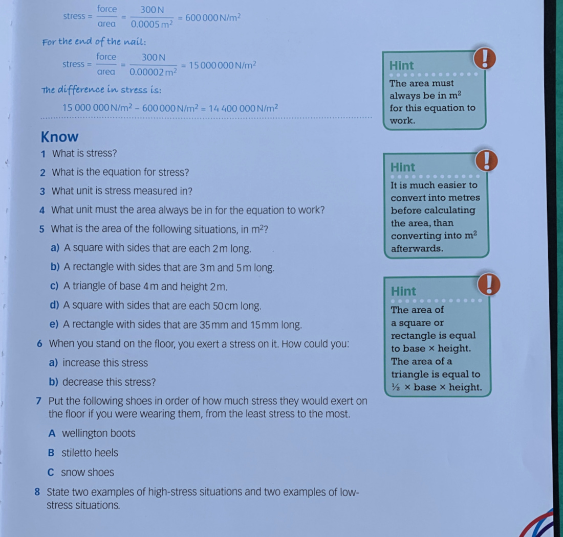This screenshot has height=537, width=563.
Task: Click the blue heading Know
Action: pyautogui.click(x=59, y=137)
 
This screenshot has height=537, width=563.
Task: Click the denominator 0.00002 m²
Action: pyautogui.click(x=153, y=72)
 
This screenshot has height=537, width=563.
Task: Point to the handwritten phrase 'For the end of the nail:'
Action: pyautogui.click(x=94, y=41)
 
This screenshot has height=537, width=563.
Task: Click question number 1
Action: pyautogui.click(x=44, y=153)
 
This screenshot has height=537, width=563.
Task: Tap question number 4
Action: pyautogui.click(x=42, y=210)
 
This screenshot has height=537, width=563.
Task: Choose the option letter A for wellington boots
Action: pyautogui.click(x=52, y=434)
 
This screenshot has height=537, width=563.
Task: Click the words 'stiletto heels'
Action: pyautogui.click(x=90, y=453)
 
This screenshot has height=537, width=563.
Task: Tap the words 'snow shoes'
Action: pyautogui.click(x=88, y=473)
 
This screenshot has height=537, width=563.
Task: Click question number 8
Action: pyautogui.click(x=37, y=492)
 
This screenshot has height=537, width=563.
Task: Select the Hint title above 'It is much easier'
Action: pyautogui.click(x=403, y=167)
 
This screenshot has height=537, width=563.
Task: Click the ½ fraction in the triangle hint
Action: pyautogui.click(x=395, y=387)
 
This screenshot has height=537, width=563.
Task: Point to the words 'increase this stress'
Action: pyautogui.click(x=105, y=363)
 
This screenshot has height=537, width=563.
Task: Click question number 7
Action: pyautogui.click(x=39, y=401)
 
